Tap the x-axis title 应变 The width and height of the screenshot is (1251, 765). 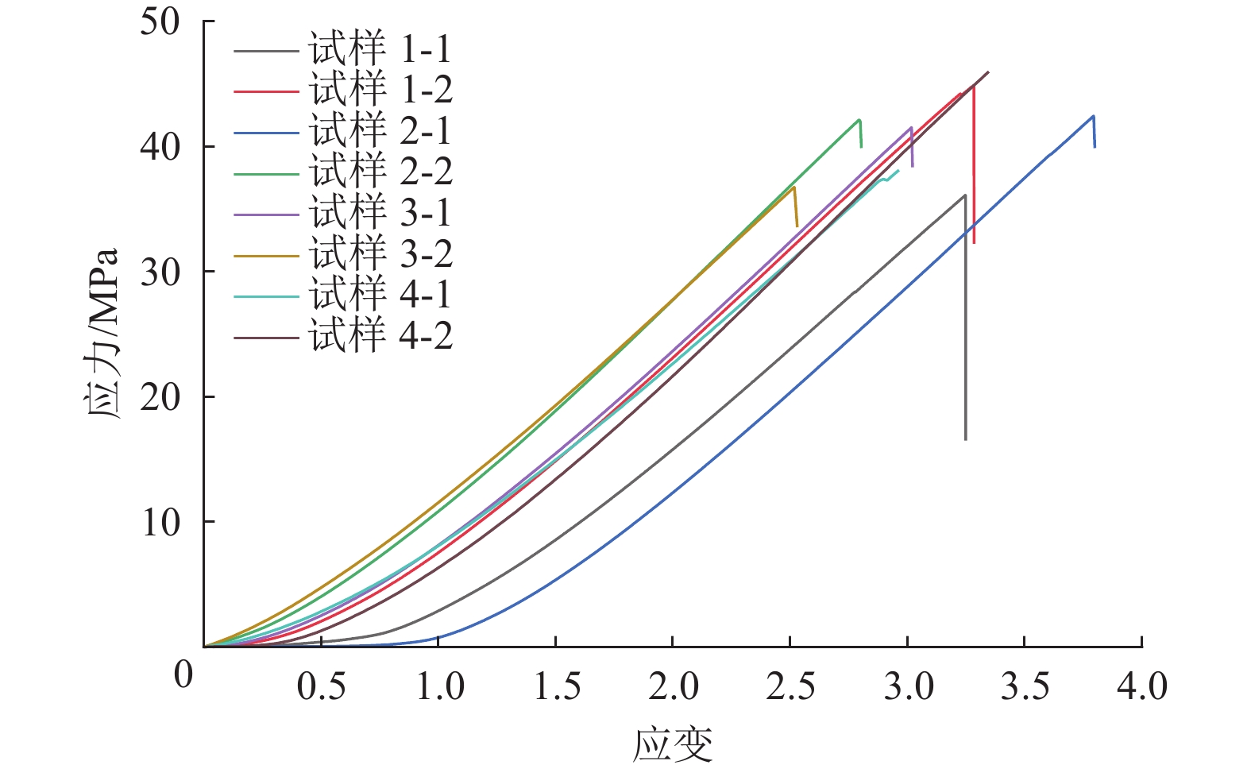(672, 744)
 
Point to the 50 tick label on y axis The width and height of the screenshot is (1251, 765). (160, 22)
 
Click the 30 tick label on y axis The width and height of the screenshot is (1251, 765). (160, 272)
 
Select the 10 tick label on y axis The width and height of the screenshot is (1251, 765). (160, 522)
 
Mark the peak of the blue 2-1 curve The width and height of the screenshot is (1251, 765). (1094, 116)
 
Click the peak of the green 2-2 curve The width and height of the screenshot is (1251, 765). (859, 120)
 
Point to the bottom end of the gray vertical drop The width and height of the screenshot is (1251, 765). (966, 439)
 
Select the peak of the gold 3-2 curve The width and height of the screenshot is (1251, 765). (793, 187)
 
